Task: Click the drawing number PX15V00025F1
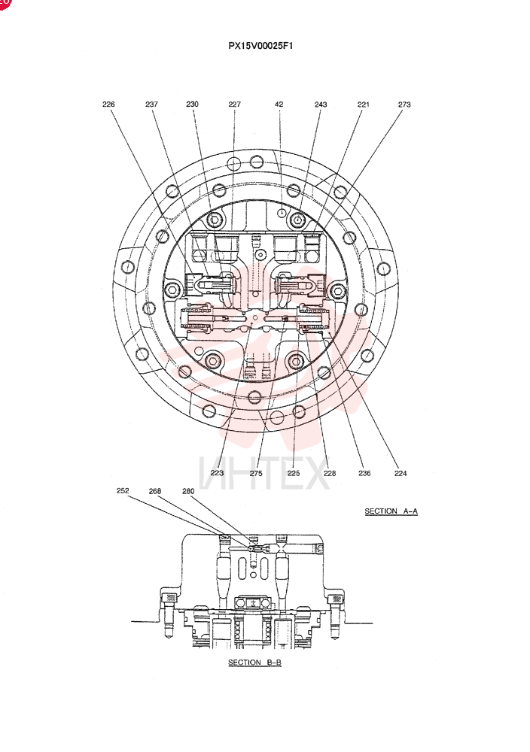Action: click(260, 46)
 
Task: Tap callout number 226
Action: click(108, 104)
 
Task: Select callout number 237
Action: click(152, 104)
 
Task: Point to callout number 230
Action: click(193, 104)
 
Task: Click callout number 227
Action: click(234, 104)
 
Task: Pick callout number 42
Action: click(279, 104)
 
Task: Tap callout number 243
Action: click(321, 104)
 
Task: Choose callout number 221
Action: click(364, 104)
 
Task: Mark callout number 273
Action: click(404, 104)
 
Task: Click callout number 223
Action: click(217, 473)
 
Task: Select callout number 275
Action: click(256, 473)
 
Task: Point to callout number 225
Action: click(294, 473)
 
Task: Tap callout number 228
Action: click(330, 473)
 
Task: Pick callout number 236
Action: click(364, 473)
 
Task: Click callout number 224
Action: click(401, 473)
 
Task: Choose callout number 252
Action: click(123, 490)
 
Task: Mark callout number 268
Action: click(155, 490)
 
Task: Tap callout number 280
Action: click(189, 490)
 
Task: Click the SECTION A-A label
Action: click(391, 511)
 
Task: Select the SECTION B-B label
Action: click(254, 663)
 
